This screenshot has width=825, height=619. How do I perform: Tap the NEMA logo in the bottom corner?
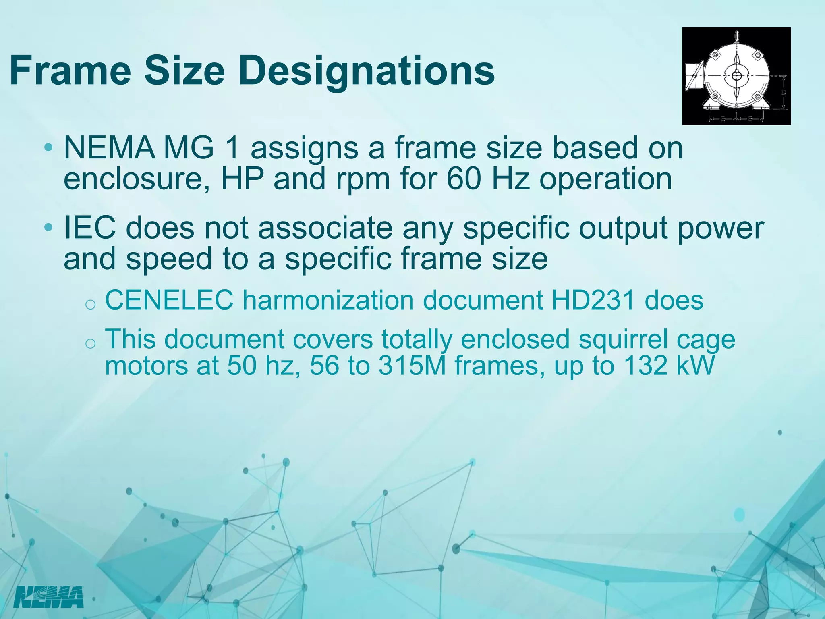click(48, 597)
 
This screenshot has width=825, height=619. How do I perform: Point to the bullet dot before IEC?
click(48, 228)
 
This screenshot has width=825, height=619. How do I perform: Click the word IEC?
click(89, 228)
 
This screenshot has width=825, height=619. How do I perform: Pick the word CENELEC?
click(169, 300)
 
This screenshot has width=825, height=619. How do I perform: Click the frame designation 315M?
click(412, 366)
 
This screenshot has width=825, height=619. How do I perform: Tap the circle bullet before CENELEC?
click(91, 304)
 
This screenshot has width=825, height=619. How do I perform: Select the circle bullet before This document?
click(91, 343)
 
